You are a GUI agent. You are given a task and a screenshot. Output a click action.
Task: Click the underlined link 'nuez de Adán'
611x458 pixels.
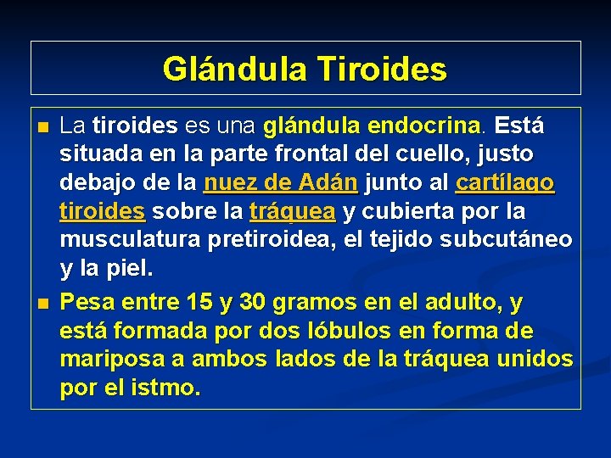tap(281, 182)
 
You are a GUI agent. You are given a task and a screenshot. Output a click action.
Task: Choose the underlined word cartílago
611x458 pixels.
tap(505, 182)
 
